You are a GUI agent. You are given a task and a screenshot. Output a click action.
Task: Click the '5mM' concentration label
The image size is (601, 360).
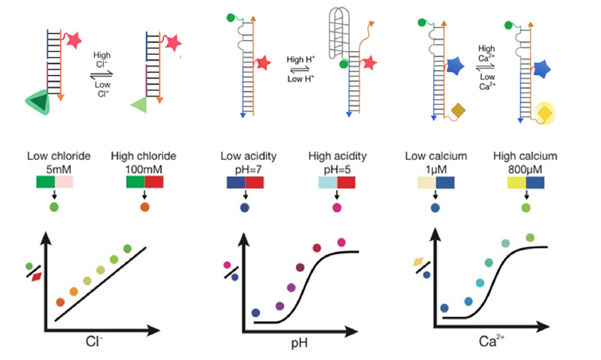click(x=59, y=169)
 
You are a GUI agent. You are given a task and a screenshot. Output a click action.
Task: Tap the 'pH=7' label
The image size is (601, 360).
click(x=248, y=169)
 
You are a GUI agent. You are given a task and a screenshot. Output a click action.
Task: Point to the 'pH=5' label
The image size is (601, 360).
click(x=337, y=169)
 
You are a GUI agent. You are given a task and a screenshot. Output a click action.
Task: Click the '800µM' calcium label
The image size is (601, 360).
click(x=525, y=169)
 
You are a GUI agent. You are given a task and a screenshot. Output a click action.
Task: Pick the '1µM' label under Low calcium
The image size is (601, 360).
click(x=436, y=169)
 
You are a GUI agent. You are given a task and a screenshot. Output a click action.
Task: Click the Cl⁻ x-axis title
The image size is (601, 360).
click(x=94, y=341)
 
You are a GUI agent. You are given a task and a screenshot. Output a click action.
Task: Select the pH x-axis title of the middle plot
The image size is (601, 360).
click(x=299, y=343)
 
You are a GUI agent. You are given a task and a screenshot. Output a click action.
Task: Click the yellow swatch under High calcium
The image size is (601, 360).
click(x=516, y=183)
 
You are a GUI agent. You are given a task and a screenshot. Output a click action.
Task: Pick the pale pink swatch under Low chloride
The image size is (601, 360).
click(x=64, y=182)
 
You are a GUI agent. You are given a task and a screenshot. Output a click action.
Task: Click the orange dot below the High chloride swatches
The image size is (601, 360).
click(x=145, y=207)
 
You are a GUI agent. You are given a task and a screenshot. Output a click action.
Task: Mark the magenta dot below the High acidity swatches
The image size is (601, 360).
click(x=337, y=208)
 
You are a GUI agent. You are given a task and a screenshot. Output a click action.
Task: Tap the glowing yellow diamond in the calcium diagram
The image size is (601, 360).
click(x=545, y=113)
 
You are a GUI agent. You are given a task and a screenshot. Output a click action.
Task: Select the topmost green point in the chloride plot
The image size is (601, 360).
click(x=127, y=249)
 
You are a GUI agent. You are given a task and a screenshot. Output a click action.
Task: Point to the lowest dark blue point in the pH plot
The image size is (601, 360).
click(x=256, y=313)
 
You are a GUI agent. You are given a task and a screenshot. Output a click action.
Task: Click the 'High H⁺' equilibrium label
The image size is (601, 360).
click(x=300, y=60)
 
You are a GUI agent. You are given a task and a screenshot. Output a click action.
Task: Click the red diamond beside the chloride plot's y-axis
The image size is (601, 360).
click(x=37, y=277)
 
